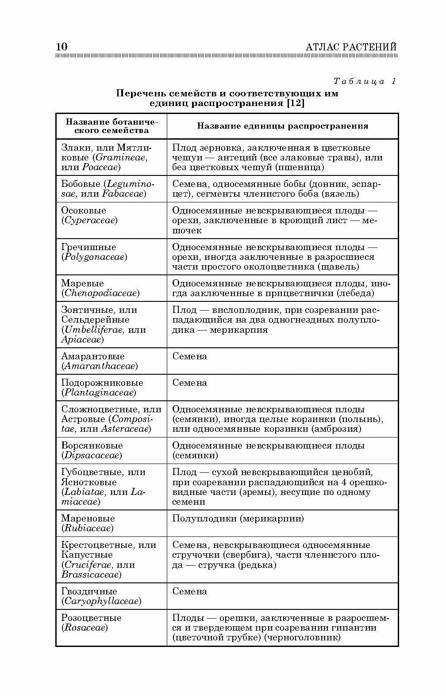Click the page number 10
click(62, 47)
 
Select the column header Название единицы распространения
click(282, 126)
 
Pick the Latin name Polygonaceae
click(94, 257)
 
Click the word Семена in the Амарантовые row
click(189, 356)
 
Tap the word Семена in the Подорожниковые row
click(189, 383)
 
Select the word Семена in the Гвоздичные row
click(189, 591)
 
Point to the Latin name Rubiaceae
click(87, 529)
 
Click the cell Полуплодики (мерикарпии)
click(238, 518)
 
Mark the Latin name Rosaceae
click(85, 628)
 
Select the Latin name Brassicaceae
click(91, 575)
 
